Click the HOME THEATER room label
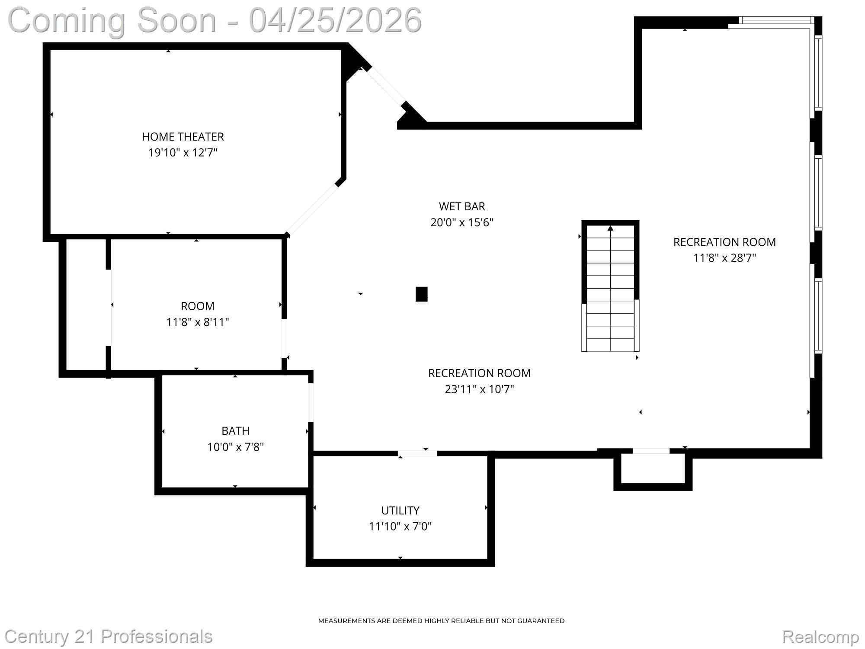click(183, 137)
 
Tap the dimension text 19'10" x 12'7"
click(183, 153)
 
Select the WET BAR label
click(462, 206)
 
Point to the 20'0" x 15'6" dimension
click(462, 222)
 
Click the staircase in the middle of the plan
click(610, 286)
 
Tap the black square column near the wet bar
click(422, 294)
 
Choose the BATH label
click(235, 431)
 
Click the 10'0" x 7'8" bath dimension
click(235, 447)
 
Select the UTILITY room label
click(400, 511)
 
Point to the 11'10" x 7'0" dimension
click(400, 527)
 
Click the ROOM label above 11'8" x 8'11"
click(198, 306)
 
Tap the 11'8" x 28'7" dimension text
click(724, 258)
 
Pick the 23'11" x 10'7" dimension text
click(479, 389)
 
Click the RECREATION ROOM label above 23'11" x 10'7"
click(479, 373)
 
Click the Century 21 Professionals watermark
click(109, 636)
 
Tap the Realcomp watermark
click(820, 637)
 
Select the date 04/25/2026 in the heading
click(335, 20)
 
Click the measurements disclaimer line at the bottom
click(441, 621)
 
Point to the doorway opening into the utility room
click(417, 453)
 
